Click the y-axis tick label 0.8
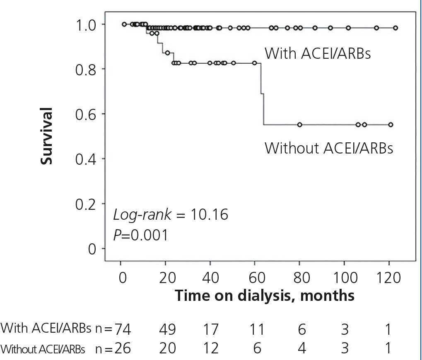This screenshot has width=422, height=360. [86, 69]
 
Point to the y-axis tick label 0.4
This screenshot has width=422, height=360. [86, 159]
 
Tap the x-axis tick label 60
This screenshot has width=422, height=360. [256, 278]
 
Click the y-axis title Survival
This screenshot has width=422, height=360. [47, 136]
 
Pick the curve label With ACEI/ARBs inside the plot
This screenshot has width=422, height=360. [318, 53]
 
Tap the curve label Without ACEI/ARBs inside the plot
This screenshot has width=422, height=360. [329, 148]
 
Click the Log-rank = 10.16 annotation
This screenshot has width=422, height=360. [171, 215]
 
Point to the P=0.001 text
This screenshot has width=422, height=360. [141, 235]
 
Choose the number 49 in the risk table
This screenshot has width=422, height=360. [167, 329]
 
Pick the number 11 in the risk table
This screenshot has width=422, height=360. [257, 329]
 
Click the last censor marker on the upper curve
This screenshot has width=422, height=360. [395, 28]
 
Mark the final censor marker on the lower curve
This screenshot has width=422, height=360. [391, 125]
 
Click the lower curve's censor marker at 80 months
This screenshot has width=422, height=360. [299, 125]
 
